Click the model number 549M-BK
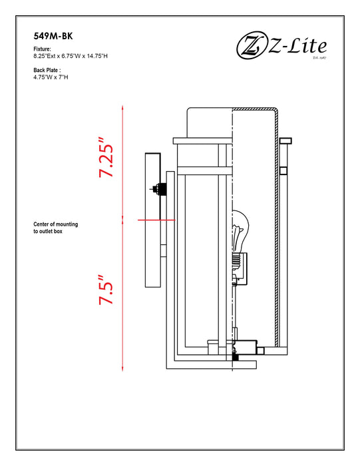53,36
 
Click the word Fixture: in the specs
42,49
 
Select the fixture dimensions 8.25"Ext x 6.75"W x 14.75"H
71,56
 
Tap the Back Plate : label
47,70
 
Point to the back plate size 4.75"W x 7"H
51,77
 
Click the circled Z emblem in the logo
252,47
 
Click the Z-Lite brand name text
297,46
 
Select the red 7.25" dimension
106,157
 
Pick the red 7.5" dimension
106,290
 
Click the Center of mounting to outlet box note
55,228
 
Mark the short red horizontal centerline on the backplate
157,220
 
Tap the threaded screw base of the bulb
236,261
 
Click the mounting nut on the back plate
159,189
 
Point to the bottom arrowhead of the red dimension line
122,369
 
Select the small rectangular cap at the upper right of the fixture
285,141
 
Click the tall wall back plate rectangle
152,220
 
